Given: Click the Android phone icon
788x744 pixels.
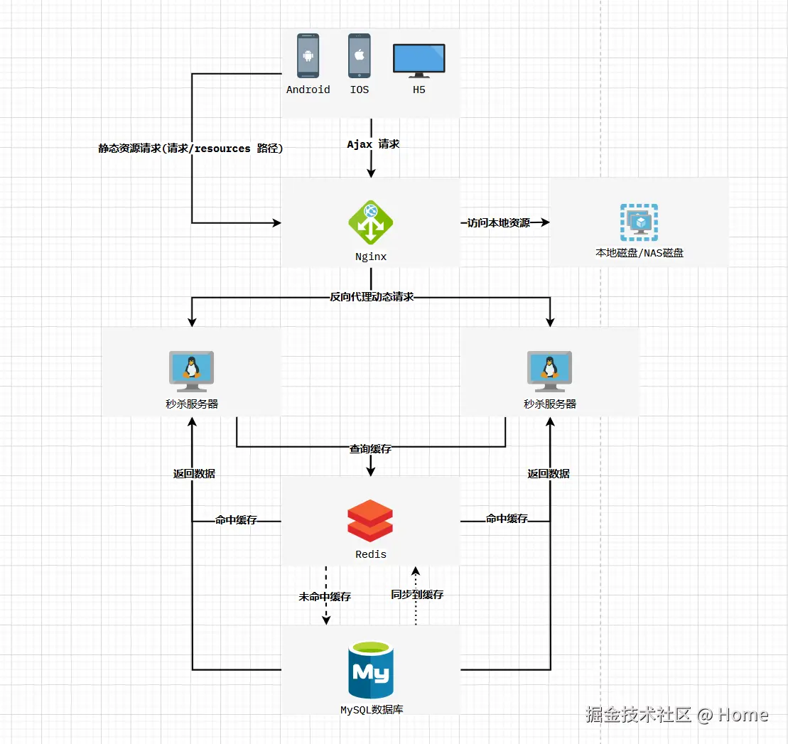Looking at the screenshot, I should (308, 55).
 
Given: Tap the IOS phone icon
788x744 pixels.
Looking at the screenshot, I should (359, 55).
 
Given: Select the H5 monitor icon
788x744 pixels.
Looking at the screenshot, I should (419, 60).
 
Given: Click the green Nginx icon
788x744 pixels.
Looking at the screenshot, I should (370, 222).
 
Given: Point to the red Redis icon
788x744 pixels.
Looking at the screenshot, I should (370, 521).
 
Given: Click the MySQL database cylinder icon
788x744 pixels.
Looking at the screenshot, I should (371, 670).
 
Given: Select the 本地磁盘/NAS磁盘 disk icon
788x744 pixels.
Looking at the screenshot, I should (639, 222).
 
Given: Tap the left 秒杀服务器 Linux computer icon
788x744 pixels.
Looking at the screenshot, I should (191, 371).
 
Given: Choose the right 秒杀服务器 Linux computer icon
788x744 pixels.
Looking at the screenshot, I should (549, 371).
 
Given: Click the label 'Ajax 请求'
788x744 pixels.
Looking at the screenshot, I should (373, 144).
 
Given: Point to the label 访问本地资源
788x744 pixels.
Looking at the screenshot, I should (499, 222).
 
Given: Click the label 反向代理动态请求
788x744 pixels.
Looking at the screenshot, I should (371, 297).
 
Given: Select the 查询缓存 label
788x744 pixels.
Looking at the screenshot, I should (370, 449).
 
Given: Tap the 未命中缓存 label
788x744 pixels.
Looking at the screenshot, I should (325, 597).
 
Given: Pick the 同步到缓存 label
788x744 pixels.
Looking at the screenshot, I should (417, 595).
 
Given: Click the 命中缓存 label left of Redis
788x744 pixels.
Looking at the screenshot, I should (236, 520).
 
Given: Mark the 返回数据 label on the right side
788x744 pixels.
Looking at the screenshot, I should (549, 474).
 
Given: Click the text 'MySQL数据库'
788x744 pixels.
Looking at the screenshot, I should (372, 710).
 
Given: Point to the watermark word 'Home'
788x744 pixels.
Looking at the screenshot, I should (743, 715).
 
